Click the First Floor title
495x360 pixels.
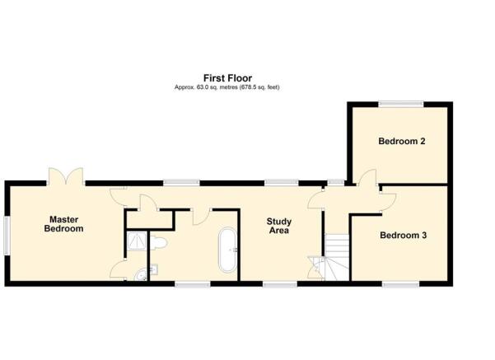227,78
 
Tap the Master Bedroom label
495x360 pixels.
63,224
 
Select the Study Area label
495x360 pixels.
278,226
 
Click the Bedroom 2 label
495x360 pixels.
402,141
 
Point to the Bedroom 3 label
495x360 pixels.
403,236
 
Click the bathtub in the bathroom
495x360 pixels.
227,250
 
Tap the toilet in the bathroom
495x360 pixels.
158,243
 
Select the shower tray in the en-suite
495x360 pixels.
137,241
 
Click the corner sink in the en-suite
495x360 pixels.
142,275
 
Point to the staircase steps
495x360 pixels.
337,256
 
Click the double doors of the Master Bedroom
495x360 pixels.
66,176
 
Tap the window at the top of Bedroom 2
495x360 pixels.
401,104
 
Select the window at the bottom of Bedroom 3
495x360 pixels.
400,284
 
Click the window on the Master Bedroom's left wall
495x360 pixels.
7,236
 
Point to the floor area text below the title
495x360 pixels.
227,87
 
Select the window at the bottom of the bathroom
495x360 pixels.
193,284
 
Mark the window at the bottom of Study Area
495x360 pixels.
280,284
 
